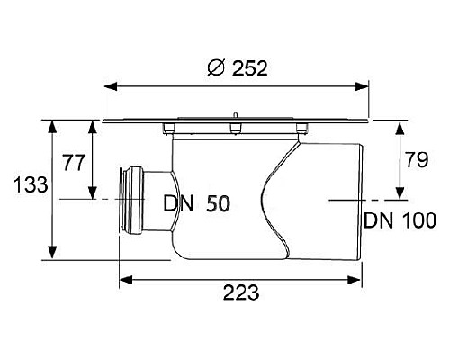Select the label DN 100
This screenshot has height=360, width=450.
pos(400,220)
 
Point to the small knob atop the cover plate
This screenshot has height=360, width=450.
pos(232,113)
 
